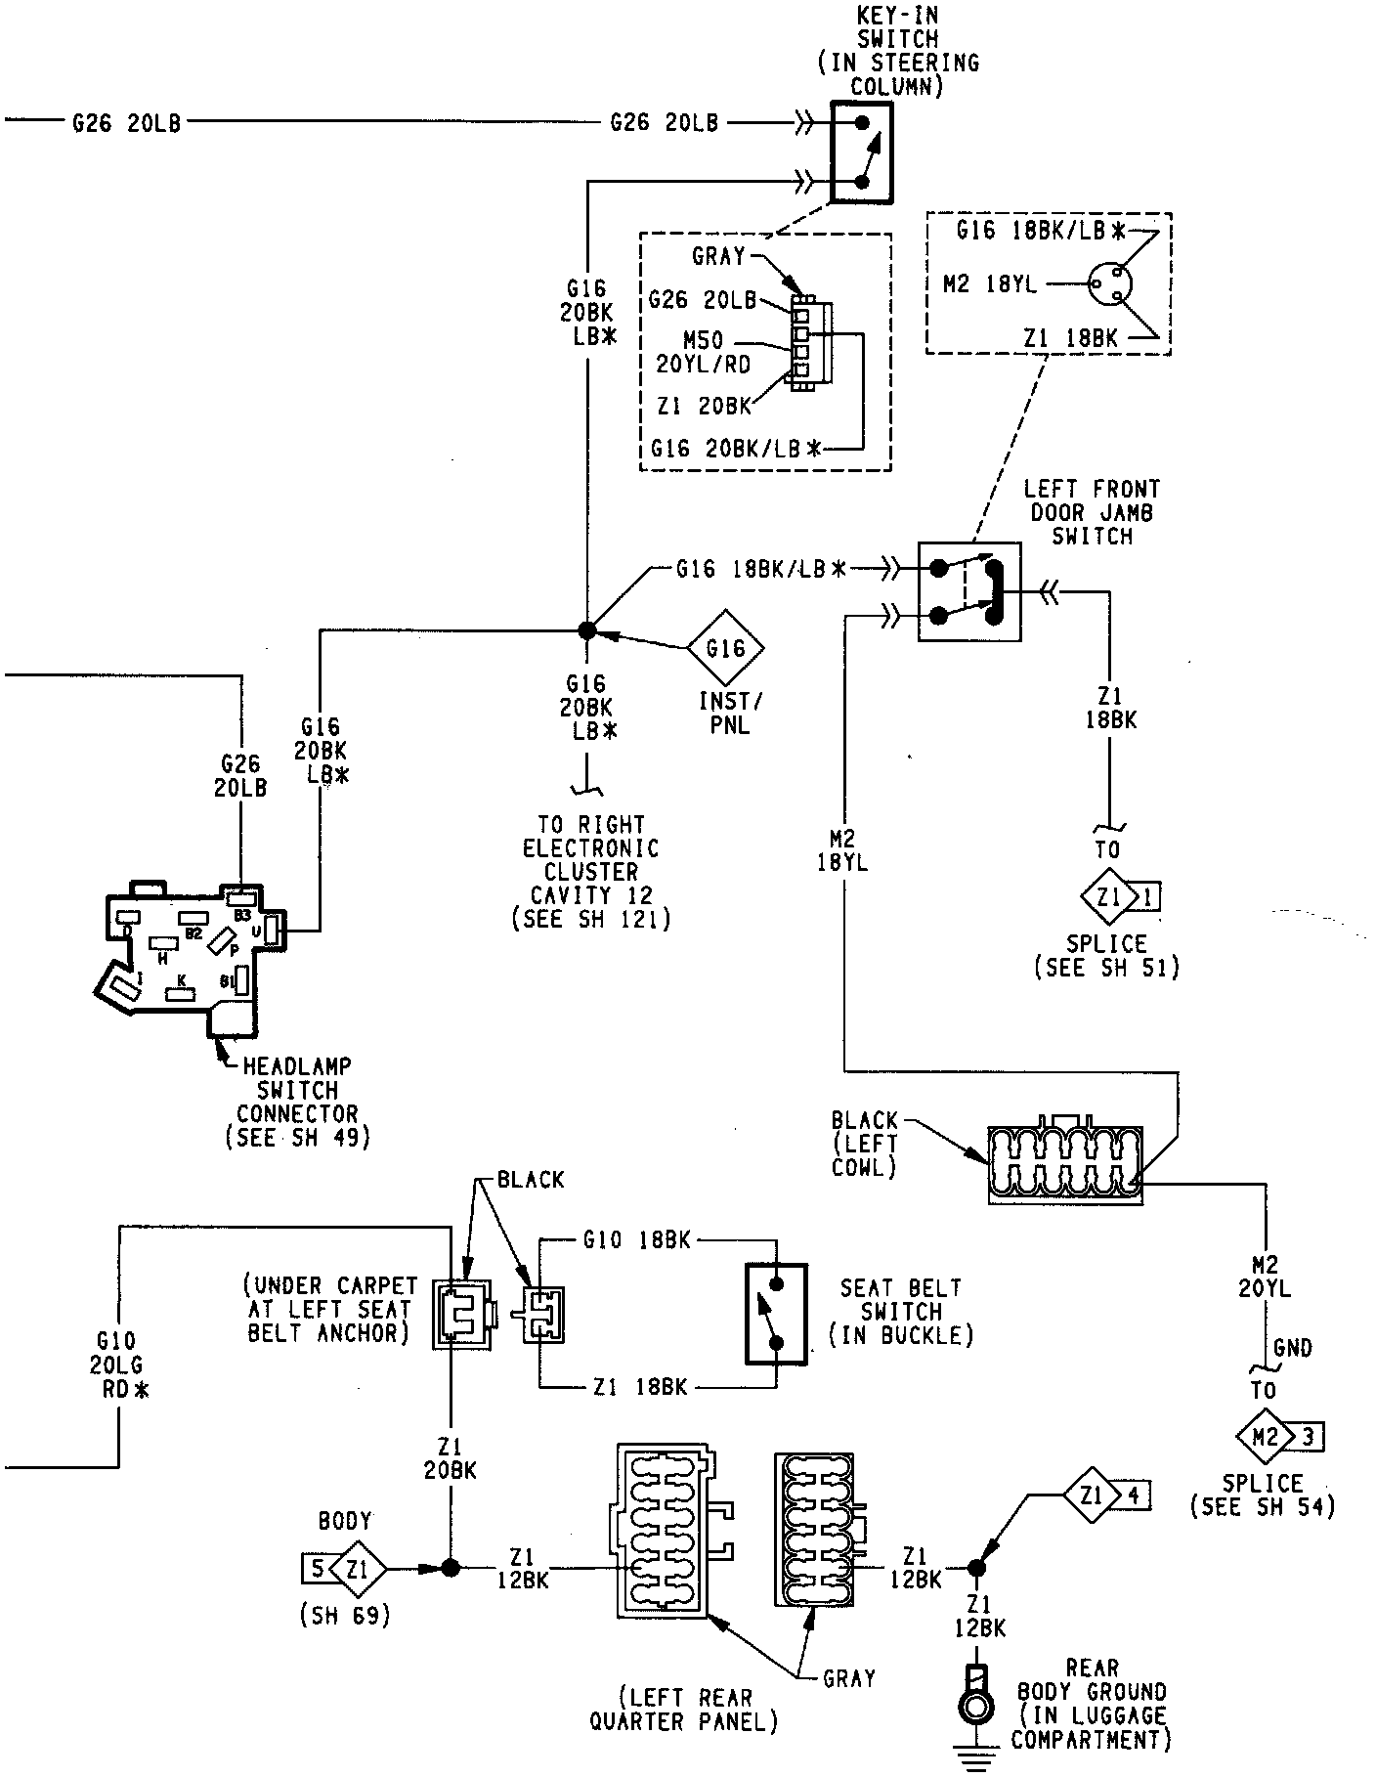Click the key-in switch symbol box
[x=860, y=152]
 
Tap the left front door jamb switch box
[x=968, y=592]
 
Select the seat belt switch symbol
[x=777, y=1313]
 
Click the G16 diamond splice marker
[x=725, y=648]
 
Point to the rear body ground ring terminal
[x=974, y=1704]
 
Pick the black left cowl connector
[x=1064, y=1164]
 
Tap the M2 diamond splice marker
[x=1265, y=1436]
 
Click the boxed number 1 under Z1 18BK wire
[x=1147, y=895]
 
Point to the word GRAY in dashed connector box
[x=718, y=256]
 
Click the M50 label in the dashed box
[x=705, y=339]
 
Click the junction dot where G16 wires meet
[x=586, y=630]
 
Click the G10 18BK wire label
[x=636, y=1240]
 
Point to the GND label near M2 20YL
[x=1293, y=1349]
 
